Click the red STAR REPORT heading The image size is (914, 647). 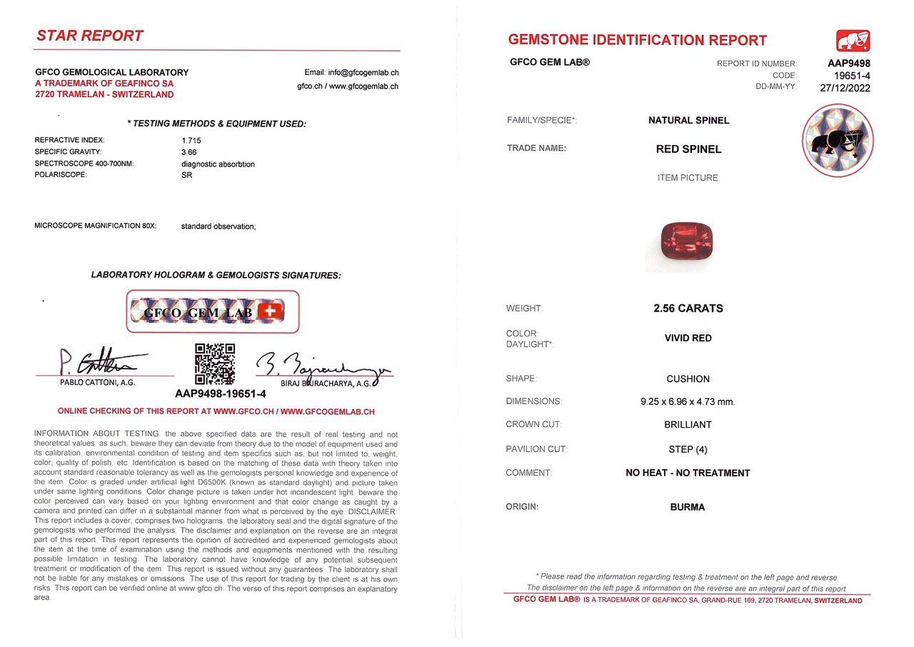tap(90, 36)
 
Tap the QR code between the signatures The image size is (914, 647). tap(215, 364)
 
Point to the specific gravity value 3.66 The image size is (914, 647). tap(189, 152)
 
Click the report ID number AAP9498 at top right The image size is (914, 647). tap(848, 63)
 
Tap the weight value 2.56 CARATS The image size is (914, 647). tap(688, 309)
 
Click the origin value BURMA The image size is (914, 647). tap(688, 507)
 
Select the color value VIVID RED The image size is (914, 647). tap(688, 338)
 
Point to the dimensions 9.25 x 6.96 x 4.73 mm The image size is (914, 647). tap(688, 401)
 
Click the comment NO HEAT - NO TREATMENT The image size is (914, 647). tap(688, 473)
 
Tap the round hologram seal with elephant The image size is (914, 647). tap(838, 140)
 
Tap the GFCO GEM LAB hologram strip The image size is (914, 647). tap(213, 311)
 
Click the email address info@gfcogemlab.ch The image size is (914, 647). tap(351, 72)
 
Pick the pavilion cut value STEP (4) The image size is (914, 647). tap(688, 449)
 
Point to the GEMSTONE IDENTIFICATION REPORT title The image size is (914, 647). tap(637, 41)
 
